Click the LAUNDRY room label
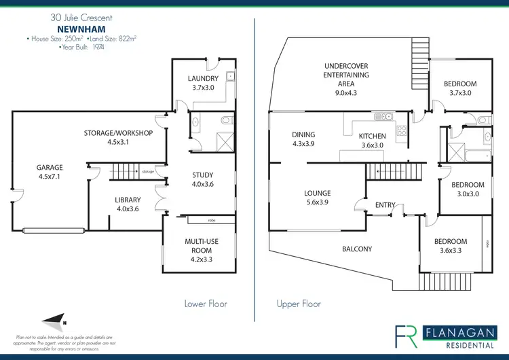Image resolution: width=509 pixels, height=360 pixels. pyautogui.click(x=203, y=78)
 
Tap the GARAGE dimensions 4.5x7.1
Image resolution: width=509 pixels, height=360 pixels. pyautogui.click(x=50, y=177)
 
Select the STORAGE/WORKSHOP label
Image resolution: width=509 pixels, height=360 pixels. pyautogui.click(x=117, y=132)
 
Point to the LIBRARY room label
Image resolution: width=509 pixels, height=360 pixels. pyautogui.click(x=128, y=200)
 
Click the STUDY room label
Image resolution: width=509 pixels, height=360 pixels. pyautogui.click(x=203, y=175)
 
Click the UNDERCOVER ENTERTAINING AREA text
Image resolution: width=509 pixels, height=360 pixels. pyautogui.click(x=345, y=75)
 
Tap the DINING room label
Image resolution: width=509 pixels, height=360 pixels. pyautogui.click(x=303, y=134)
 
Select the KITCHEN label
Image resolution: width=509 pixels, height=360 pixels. pyautogui.click(x=371, y=136)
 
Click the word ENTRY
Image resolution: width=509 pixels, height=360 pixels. pyautogui.click(x=385, y=205)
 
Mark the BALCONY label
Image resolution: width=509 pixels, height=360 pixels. pyautogui.click(x=357, y=249)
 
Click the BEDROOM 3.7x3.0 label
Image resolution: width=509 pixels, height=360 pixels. pyautogui.click(x=460, y=84)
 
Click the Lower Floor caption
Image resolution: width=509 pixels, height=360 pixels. pyautogui.click(x=206, y=304)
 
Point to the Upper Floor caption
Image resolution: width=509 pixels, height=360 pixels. pyautogui.click(x=299, y=304)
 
